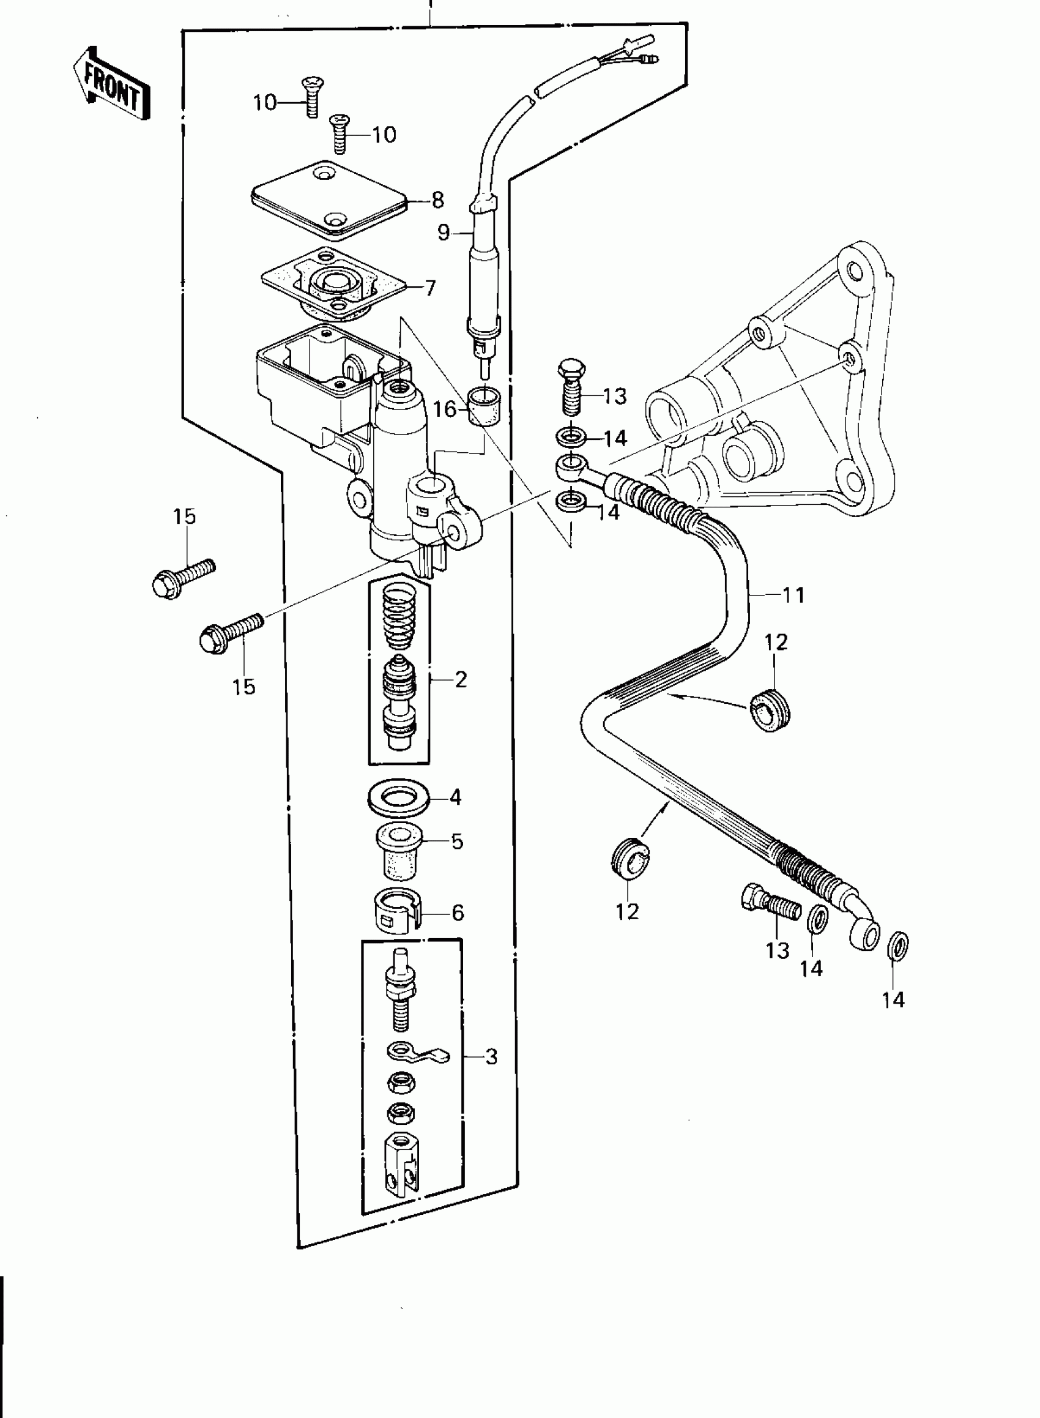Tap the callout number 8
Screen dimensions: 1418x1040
(438, 200)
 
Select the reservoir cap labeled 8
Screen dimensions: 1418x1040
(329, 200)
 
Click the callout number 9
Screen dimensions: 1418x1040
(444, 233)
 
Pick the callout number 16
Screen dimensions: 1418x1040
(445, 409)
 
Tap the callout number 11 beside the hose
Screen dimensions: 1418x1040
(793, 594)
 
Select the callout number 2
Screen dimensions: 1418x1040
(461, 679)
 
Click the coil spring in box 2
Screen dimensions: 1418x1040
(399, 616)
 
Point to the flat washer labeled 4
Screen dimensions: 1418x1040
(399, 799)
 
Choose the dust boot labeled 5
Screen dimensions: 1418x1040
(398, 851)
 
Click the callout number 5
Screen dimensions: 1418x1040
(457, 842)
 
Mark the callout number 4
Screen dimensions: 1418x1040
(456, 798)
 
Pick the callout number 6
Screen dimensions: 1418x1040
(458, 912)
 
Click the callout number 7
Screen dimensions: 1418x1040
(430, 288)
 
